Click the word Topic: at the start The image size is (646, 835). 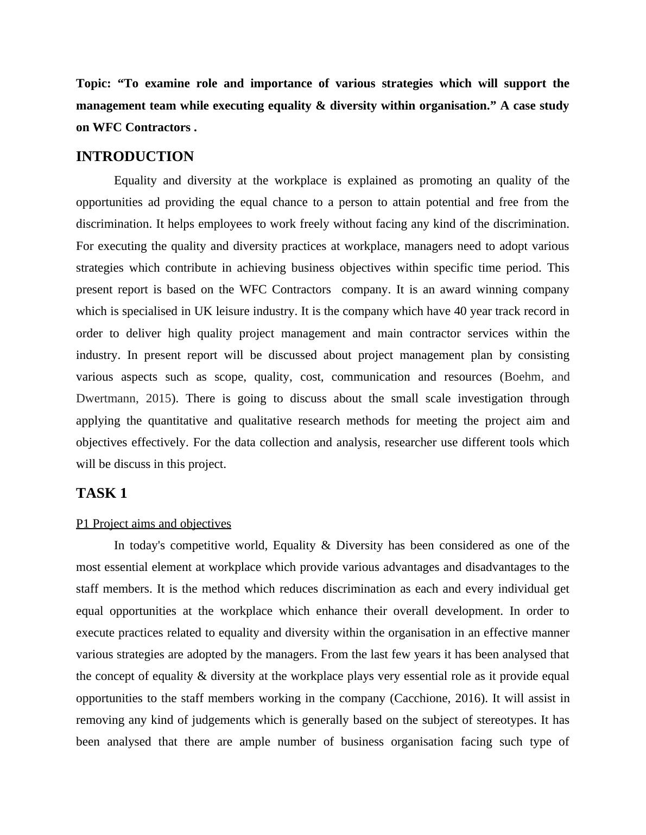click(93, 83)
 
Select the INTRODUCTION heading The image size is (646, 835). click(135, 157)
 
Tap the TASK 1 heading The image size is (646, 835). click(102, 493)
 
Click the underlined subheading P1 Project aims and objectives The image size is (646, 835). click(154, 524)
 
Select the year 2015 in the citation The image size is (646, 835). click(159, 399)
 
